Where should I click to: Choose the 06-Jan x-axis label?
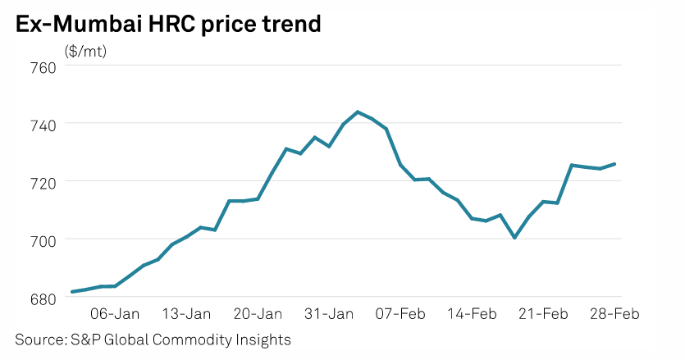(x=115, y=313)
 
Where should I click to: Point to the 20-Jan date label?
(x=258, y=313)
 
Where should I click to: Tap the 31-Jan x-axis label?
(x=330, y=313)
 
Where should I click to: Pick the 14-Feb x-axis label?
(x=473, y=313)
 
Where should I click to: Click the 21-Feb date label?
(x=546, y=313)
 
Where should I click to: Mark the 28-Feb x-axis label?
(x=616, y=313)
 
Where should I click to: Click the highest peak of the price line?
(x=358, y=112)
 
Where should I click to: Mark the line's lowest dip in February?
(x=514, y=238)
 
